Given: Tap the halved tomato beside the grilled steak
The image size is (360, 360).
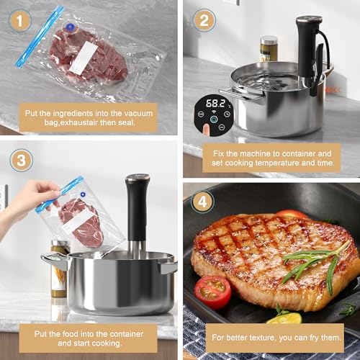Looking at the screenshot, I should tap(212, 292).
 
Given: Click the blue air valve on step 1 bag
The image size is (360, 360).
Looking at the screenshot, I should tap(71, 30).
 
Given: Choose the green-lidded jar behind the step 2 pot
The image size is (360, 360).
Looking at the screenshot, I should tap(269, 48).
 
